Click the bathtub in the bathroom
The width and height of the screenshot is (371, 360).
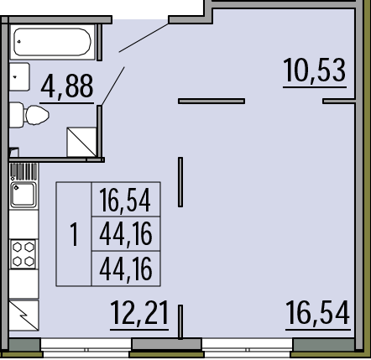click(x=52, y=42)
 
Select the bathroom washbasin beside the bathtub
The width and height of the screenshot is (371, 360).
click(x=19, y=76)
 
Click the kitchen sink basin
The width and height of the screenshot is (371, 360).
click(x=24, y=195)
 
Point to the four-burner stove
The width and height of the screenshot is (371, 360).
click(x=24, y=254)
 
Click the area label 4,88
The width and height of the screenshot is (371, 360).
click(x=66, y=86)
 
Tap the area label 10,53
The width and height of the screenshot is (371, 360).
click(x=315, y=70)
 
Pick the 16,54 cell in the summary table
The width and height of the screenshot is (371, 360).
click(x=125, y=200)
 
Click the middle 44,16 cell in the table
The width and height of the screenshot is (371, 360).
click(x=126, y=234)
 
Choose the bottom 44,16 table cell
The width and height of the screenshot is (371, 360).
click(x=126, y=269)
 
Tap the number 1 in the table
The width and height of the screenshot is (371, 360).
click(x=74, y=234)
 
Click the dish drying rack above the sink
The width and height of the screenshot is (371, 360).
click(x=24, y=172)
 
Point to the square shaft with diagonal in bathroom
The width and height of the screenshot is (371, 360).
click(x=81, y=142)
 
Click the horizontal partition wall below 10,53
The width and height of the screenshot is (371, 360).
click(x=212, y=101)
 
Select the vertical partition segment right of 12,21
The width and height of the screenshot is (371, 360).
click(x=180, y=322)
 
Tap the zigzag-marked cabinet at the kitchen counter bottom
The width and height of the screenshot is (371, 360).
click(x=24, y=316)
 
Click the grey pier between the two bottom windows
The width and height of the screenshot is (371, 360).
click(x=167, y=344)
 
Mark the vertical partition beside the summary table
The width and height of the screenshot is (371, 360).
click(x=180, y=182)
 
